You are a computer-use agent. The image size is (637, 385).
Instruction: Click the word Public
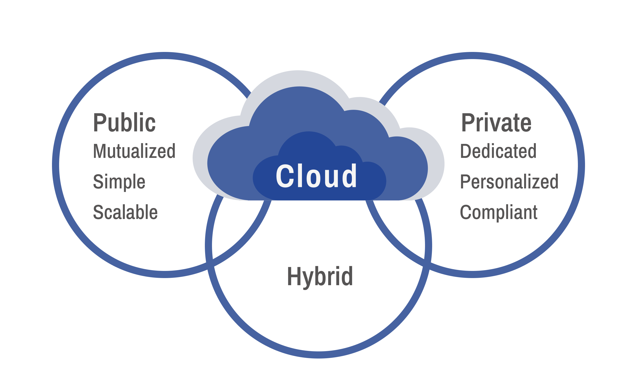[x=124, y=122]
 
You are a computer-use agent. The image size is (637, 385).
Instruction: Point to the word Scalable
[x=125, y=212]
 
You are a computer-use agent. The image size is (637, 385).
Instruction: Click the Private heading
[x=496, y=122]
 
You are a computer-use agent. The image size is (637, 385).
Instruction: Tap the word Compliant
[x=499, y=212]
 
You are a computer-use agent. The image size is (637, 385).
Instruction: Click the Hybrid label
[x=320, y=277]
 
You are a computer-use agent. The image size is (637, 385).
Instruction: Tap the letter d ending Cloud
[x=349, y=176]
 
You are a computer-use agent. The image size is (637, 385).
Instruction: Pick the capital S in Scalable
[x=98, y=212]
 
